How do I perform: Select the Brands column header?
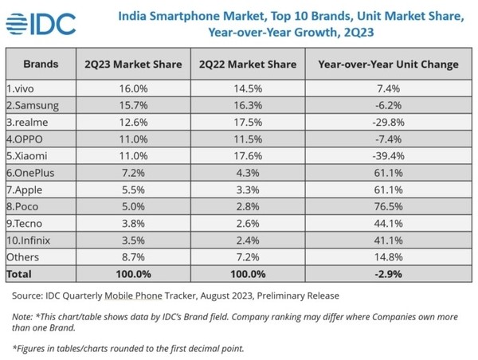(40, 63)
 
